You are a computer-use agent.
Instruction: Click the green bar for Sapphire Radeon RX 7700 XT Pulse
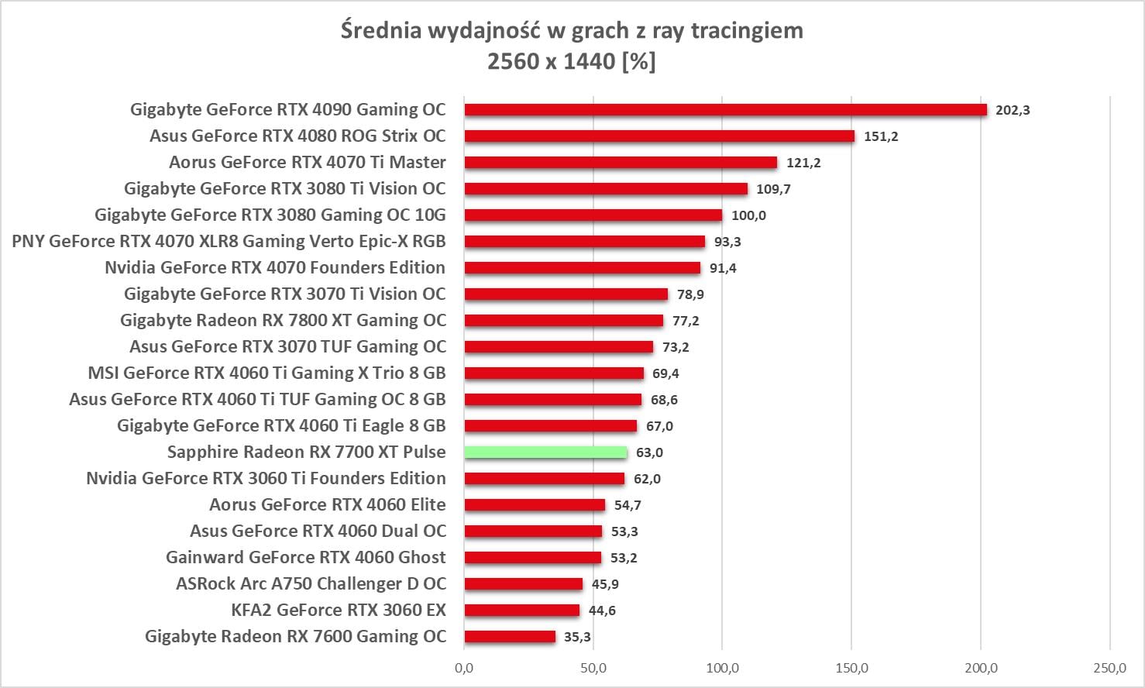[545, 452]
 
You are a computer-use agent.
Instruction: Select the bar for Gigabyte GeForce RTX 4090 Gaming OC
[726, 110]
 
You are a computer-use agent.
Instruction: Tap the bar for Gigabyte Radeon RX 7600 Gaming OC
[510, 637]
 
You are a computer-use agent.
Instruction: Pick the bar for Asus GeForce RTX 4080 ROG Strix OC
[659, 136]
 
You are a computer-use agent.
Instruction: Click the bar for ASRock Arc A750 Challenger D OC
[524, 584]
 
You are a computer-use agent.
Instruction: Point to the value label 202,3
[1013, 110]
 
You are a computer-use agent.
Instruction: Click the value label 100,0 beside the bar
[748, 215]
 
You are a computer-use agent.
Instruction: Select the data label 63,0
[649, 452]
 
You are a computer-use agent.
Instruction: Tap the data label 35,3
[577, 637]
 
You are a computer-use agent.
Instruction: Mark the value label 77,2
[686, 321]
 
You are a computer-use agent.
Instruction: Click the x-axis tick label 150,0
[851, 668]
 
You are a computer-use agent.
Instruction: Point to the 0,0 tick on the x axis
[465, 668]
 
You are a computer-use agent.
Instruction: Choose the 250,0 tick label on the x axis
[1109, 668]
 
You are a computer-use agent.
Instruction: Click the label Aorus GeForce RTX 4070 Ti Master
[308, 163]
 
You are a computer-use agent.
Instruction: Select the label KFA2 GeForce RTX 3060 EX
[339, 611]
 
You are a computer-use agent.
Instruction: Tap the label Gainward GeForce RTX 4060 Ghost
[306, 558]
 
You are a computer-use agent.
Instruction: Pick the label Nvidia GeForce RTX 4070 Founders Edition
[275, 268]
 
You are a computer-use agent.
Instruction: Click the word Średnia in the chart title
[381, 31]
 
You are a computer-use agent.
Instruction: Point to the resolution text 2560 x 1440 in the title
[551, 61]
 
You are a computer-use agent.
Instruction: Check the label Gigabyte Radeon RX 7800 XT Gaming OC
[284, 321]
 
